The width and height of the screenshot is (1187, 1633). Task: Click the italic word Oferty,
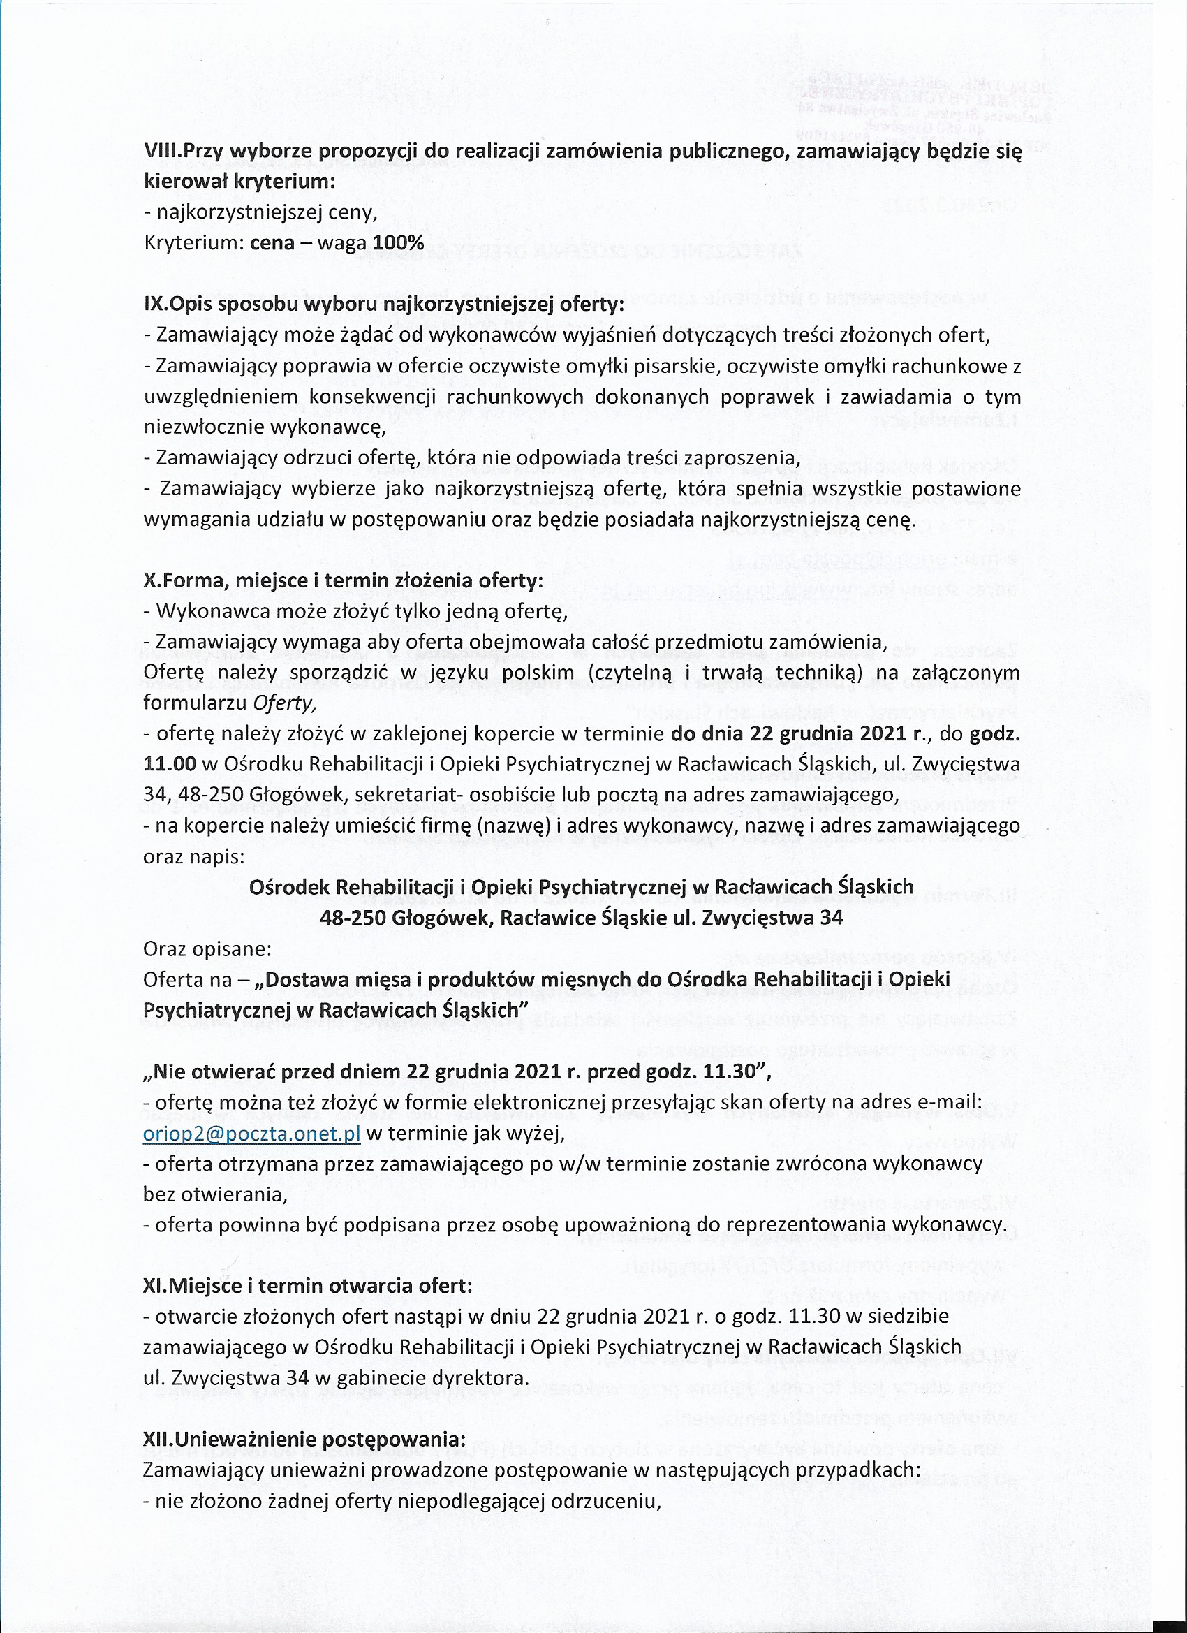click(292, 703)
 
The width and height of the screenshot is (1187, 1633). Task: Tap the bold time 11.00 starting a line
click(169, 763)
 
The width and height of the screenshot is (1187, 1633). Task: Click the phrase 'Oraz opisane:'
click(207, 949)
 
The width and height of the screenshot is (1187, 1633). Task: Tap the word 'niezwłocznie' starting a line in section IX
click(204, 427)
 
